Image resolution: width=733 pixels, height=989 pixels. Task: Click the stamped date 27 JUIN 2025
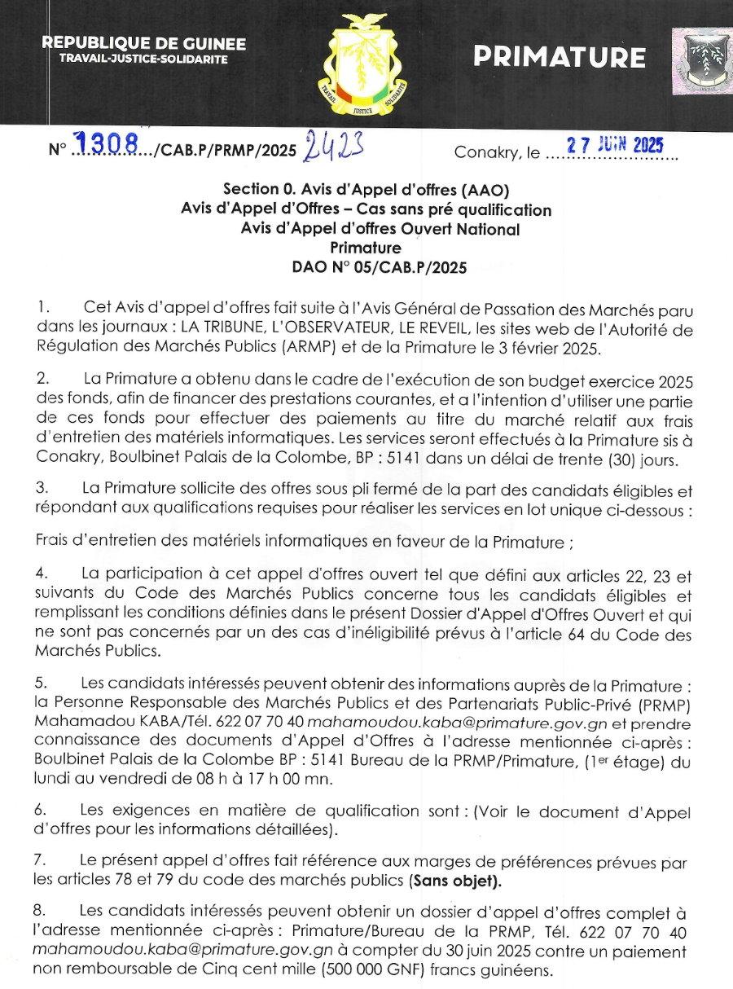615,146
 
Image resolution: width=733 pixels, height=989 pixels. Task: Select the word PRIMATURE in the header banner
560,57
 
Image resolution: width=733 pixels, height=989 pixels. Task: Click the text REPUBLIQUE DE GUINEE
143,44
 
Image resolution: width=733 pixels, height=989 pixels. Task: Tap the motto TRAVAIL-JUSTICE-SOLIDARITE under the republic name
143,59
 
